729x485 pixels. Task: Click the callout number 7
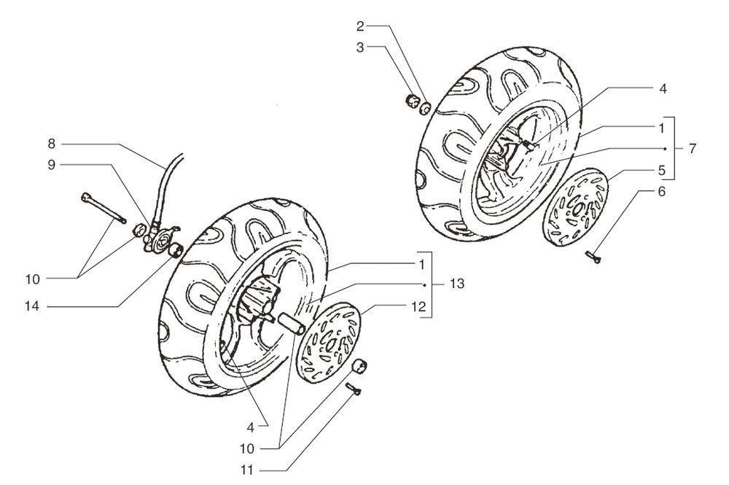(692, 148)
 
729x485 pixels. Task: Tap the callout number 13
(457, 283)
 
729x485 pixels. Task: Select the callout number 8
(52, 143)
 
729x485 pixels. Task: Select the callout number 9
(52, 165)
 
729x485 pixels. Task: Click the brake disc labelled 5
(576, 206)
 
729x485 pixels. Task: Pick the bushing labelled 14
(176, 252)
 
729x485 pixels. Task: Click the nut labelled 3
(411, 101)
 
